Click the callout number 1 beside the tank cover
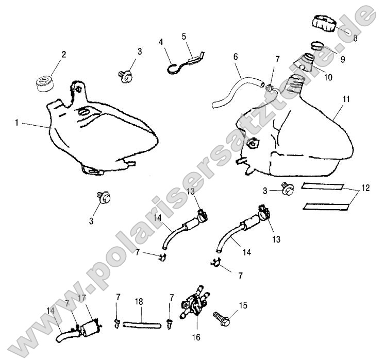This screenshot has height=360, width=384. pos(17,123)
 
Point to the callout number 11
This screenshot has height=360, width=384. pos(345,97)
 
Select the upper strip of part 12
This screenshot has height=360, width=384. pos(323,186)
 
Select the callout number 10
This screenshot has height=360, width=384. pos(328,77)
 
